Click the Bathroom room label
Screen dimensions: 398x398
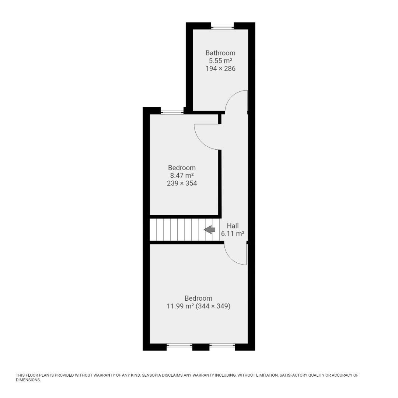pos(220,53)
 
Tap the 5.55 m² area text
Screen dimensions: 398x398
pos(220,61)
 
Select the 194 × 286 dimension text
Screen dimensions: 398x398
pos(220,69)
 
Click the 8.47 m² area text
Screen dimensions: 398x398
pos(182,175)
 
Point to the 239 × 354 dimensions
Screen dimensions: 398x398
pos(182,183)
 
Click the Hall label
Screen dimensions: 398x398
pos(233,226)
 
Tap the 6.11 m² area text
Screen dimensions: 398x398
pos(233,234)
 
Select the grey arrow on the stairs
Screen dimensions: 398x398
pos(210,230)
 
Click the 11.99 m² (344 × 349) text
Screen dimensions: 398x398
pos(199,306)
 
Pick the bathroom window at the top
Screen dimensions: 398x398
pos(222,26)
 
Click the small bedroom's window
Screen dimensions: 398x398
pos(172,111)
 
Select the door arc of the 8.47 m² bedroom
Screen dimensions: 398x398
pos(200,142)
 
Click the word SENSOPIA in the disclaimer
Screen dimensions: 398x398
pos(152,375)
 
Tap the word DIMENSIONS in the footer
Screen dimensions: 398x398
pos(28,380)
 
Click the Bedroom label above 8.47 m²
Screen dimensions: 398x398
pos(182,168)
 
